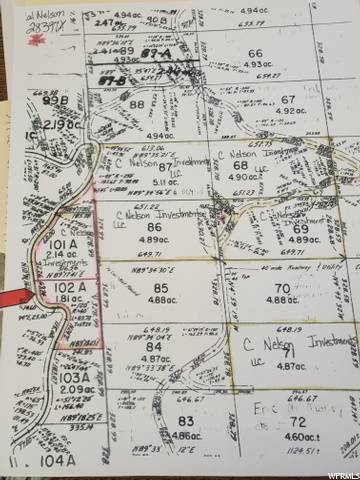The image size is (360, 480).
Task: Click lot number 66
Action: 255,53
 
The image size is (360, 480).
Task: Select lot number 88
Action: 137,104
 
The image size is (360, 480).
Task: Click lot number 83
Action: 185,422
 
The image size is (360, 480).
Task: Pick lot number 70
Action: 282,261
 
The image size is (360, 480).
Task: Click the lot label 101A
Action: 54,242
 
